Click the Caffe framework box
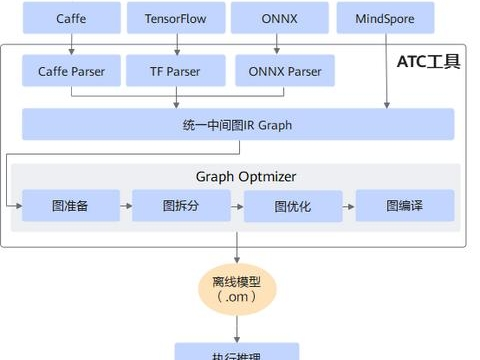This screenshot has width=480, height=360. pos(71,19)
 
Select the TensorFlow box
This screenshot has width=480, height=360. pos(177,19)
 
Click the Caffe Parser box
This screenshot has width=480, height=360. pos(71,71)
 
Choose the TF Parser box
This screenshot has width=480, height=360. pos(177,71)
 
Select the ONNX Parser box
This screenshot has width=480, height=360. pos(284,71)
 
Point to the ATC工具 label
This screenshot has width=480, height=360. pos(429,62)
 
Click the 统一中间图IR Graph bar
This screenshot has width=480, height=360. pos(238,124)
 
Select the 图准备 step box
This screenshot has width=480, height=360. pos(71,206)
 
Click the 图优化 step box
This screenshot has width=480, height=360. pos(293,206)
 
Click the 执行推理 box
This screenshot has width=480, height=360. pos(237,352)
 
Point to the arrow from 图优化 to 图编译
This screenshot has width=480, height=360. pos(349,206)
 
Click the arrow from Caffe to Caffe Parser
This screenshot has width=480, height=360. pos(71,44)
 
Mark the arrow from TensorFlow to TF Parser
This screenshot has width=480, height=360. pos(177,44)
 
